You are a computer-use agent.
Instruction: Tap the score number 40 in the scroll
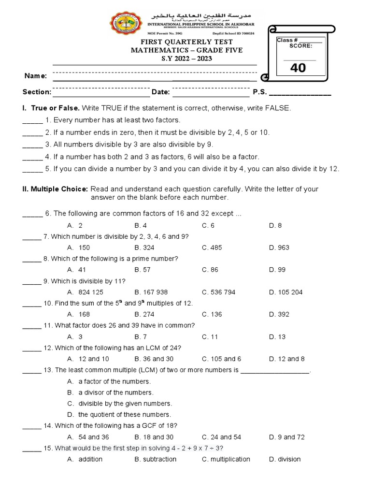pos(298,68)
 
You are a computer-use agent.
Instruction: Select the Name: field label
pos(36,76)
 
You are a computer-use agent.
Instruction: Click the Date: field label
pos(160,92)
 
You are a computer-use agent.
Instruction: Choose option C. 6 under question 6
pos(208,225)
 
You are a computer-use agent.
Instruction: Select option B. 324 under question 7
pos(144,247)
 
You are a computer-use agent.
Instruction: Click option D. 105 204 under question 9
pos(285,292)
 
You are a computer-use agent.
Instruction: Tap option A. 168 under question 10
pos(78,314)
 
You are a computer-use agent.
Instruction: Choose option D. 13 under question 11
pos(277,336)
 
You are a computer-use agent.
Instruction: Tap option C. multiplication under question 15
pos(226,459)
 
